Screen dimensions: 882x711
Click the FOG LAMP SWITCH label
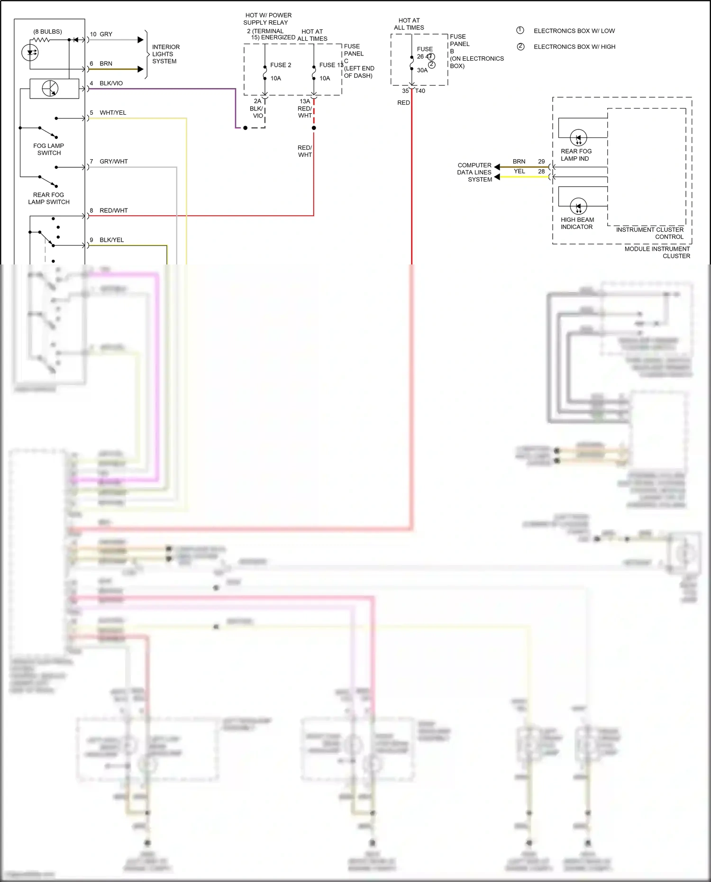(49, 149)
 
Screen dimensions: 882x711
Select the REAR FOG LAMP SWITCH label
(48, 198)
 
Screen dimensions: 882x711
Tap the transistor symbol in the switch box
(50, 89)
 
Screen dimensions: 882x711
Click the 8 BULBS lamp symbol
(30, 52)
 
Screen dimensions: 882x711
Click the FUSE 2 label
(281, 65)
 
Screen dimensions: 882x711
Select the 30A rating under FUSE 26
(422, 70)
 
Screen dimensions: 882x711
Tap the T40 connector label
(420, 91)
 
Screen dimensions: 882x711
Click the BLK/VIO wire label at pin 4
(111, 83)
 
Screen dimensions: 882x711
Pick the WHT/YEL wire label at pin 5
(113, 113)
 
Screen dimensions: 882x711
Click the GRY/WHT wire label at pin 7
(113, 162)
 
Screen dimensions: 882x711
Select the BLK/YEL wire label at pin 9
(111, 240)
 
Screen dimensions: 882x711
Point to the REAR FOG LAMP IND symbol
(578, 138)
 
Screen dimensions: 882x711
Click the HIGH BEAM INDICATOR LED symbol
(578, 207)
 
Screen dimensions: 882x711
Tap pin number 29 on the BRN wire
(541, 162)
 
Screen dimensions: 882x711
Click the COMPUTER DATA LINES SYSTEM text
(474, 173)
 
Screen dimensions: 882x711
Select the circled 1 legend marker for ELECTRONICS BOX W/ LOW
(520, 30)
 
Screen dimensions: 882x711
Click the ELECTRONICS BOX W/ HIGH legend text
(574, 47)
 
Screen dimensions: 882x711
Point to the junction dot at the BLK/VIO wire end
(245, 128)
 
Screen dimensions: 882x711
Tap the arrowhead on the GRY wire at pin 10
(140, 40)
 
